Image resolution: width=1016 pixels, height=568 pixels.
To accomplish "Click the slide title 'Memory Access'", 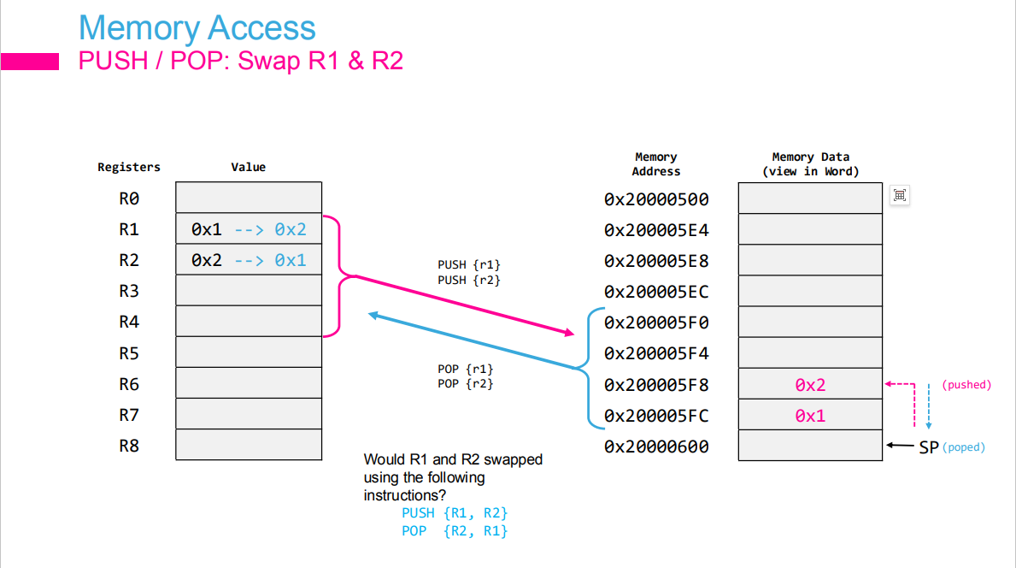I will tap(197, 28).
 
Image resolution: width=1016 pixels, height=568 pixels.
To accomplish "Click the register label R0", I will tap(129, 198).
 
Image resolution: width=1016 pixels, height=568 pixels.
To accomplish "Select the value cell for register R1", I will tap(248, 229).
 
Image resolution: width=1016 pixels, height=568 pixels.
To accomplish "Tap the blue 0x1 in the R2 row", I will tap(291, 260).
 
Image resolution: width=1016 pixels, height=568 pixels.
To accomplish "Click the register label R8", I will tap(129, 446).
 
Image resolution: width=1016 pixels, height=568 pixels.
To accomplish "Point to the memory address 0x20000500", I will tap(656, 199).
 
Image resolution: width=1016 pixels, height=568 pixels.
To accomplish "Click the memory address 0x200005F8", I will tap(656, 385).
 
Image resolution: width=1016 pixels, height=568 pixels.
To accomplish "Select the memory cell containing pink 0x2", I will tap(810, 385).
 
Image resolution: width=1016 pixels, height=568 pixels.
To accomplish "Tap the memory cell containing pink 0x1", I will tap(810, 416).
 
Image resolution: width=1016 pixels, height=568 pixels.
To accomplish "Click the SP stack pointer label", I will tap(929, 447).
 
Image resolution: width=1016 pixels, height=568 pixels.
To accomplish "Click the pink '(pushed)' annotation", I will tap(966, 385).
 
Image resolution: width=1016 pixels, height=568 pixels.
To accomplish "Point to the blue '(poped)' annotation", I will tap(964, 447).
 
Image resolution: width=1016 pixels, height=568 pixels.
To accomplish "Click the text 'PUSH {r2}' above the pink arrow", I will tap(469, 280).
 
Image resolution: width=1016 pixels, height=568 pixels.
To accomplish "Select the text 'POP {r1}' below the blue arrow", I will tap(466, 369).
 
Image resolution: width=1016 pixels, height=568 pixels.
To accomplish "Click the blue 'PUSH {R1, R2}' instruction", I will tap(455, 513).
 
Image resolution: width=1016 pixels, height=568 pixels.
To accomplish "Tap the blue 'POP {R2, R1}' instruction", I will tap(455, 531).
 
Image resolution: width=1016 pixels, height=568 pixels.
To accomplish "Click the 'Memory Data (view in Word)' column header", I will tap(810, 163).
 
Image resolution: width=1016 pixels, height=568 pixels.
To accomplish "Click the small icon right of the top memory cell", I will tap(899, 195).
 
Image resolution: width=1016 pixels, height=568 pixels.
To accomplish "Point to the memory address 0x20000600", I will tap(656, 447).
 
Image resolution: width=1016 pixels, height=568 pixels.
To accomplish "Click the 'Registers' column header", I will tap(129, 167).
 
